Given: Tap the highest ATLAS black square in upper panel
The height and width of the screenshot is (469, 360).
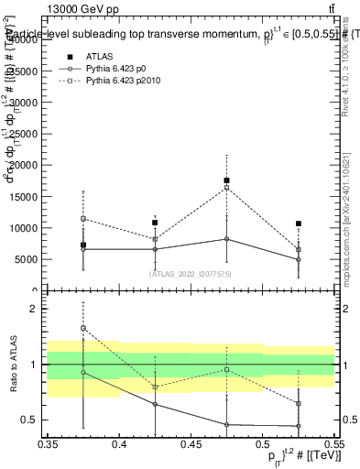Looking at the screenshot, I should pyautogui.click(x=226, y=180).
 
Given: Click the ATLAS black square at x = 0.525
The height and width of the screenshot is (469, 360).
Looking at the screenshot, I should pyautogui.click(x=298, y=224).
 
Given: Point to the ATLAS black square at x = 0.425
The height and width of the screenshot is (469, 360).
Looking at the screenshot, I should pyautogui.click(x=155, y=223).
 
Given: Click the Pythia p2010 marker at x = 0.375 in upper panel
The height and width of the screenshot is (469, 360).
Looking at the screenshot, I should pyautogui.click(x=83, y=219).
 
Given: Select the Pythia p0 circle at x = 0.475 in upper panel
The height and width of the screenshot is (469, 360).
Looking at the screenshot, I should pyautogui.click(x=226, y=239).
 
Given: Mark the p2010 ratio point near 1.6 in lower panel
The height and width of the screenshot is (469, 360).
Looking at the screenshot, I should pyautogui.click(x=83, y=328).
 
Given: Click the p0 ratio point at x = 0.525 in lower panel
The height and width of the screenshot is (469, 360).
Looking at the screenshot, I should pyautogui.click(x=298, y=426).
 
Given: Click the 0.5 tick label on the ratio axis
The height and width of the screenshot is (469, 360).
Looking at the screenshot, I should pyautogui.click(x=36, y=420).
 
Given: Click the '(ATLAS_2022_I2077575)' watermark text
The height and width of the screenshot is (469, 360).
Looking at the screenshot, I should pyautogui.click(x=191, y=273).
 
